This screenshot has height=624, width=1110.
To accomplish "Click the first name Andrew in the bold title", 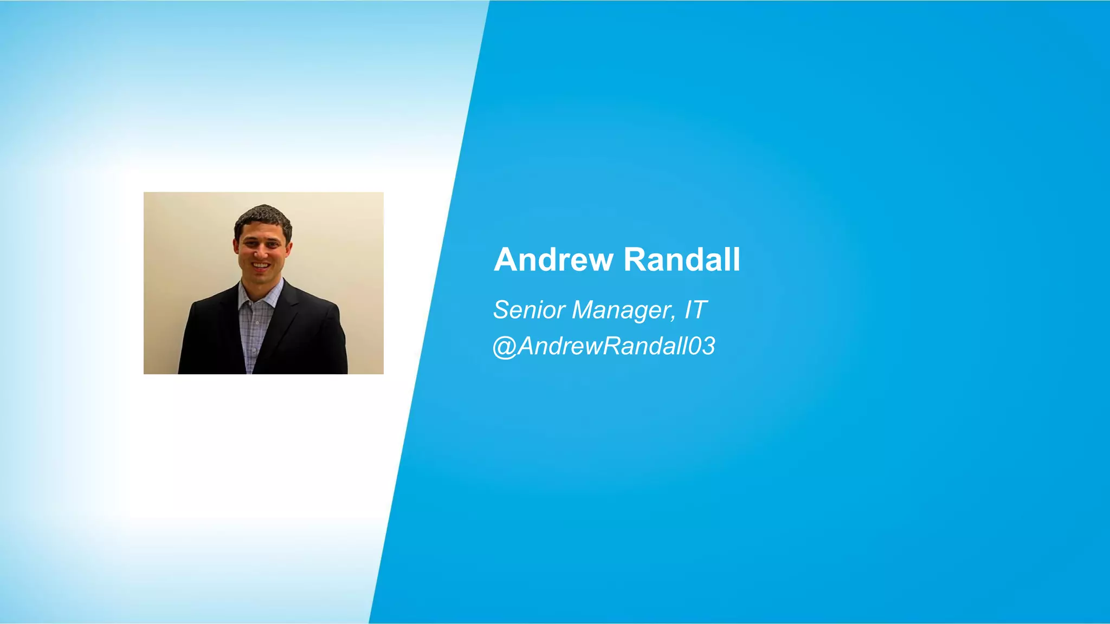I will (x=553, y=259).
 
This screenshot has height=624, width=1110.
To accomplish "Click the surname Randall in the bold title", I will (x=682, y=259).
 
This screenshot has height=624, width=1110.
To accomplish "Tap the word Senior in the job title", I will (x=530, y=310).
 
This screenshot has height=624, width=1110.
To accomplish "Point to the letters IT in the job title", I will (x=695, y=310).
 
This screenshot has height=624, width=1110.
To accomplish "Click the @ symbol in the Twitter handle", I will (x=505, y=347).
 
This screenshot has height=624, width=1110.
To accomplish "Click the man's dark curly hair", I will (x=263, y=217).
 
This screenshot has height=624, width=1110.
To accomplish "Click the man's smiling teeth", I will (x=261, y=265).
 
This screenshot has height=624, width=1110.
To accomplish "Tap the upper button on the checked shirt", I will (x=257, y=323).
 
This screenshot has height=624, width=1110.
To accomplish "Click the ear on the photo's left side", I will (x=236, y=246).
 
